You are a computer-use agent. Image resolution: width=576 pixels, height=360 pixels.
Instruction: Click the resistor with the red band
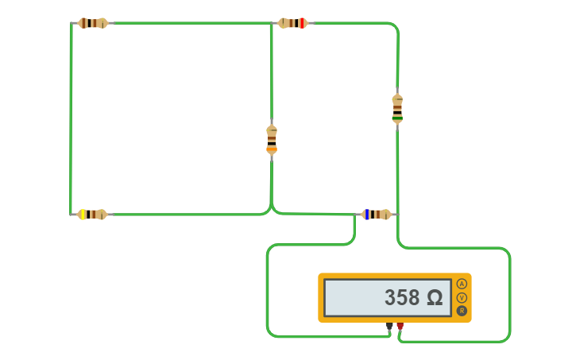(x=292, y=23)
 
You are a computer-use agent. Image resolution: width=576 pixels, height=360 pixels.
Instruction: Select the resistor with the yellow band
(x=92, y=215)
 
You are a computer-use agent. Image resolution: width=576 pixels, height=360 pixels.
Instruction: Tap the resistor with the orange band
(x=272, y=139)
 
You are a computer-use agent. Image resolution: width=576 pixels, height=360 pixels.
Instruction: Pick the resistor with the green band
(x=397, y=108)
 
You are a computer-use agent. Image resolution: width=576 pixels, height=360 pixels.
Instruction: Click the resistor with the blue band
(x=377, y=215)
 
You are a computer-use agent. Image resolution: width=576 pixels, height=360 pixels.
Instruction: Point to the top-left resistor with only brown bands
(x=93, y=23)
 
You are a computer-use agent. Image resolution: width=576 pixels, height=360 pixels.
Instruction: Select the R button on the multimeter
(x=462, y=311)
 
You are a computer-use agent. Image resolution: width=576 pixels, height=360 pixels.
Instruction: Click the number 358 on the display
(x=402, y=298)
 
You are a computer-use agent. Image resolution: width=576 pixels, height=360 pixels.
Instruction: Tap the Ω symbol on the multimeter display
(x=435, y=298)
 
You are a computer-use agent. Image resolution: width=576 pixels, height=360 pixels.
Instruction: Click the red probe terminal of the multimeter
(x=400, y=326)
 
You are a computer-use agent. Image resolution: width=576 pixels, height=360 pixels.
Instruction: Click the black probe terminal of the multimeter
(x=389, y=326)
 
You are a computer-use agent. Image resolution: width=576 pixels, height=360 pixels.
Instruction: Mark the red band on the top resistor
(x=302, y=23)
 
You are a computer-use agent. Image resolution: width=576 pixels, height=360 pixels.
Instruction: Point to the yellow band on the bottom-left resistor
(x=83, y=215)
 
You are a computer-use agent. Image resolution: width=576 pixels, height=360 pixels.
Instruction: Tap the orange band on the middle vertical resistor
(x=272, y=149)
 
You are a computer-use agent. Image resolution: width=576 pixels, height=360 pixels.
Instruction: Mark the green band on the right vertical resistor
(x=397, y=118)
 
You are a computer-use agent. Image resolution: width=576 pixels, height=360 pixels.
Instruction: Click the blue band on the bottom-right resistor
(x=366, y=215)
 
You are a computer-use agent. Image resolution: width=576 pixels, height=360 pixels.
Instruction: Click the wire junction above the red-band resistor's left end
(x=271, y=24)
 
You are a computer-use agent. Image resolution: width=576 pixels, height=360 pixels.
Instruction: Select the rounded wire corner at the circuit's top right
(x=394, y=27)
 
